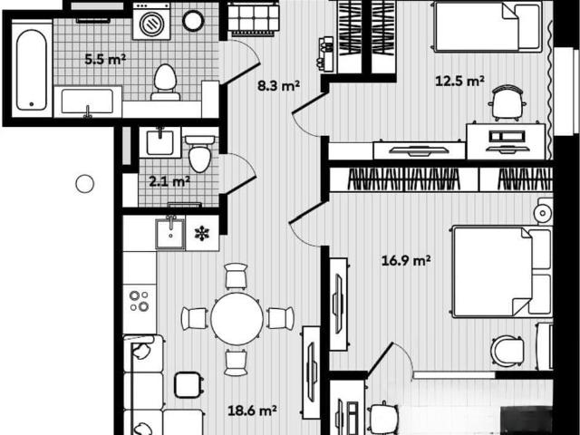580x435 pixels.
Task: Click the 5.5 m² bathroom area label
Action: point(105,59)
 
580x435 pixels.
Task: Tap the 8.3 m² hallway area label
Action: point(278,86)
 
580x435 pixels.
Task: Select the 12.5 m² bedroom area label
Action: point(459,81)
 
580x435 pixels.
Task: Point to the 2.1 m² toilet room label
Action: point(169,181)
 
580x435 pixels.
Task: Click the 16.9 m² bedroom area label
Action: point(406,261)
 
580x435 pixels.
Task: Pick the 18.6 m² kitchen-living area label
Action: point(252,411)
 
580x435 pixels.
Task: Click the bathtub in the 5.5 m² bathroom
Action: point(32,69)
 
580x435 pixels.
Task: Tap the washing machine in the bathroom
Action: point(151,22)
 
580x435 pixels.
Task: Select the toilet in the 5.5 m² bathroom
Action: point(165,82)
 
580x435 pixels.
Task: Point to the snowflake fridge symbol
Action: point(202,234)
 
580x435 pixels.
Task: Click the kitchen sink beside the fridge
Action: point(170,234)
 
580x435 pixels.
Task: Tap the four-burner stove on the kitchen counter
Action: point(139,301)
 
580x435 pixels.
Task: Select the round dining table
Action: point(237,318)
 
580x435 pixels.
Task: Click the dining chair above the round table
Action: point(236,275)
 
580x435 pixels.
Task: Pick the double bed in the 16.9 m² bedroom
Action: point(502,272)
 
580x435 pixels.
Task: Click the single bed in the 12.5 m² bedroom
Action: point(488,26)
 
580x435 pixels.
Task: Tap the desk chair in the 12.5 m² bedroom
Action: point(507,102)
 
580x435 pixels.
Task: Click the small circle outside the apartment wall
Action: point(84,184)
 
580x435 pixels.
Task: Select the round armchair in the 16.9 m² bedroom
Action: point(507,352)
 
